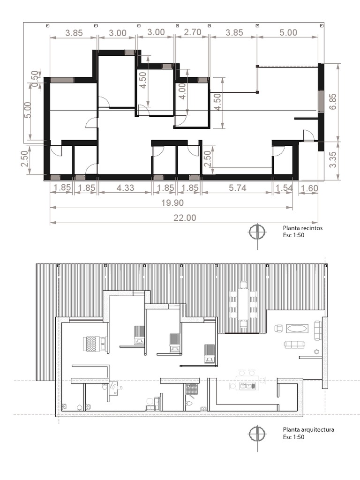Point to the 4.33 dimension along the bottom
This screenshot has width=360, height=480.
(125, 188)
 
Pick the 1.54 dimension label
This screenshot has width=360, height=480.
(283, 188)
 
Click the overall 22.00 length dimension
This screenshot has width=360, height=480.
(184, 217)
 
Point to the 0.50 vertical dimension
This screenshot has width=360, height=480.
(34, 76)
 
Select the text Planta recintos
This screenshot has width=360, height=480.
(302, 228)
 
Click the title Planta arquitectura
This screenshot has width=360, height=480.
(308, 429)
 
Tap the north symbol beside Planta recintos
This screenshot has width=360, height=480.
(257, 232)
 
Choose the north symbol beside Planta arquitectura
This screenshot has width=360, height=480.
(257, 433)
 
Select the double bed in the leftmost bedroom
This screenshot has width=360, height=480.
(95, 344)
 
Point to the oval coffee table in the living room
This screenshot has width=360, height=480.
(297, 328)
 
